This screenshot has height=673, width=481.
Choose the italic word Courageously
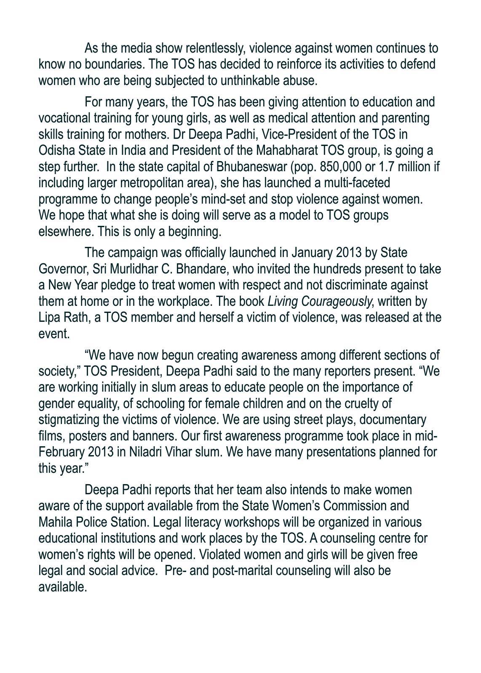pyautogui.click(x=337, y=302)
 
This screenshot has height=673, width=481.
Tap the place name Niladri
pyautogui.click(x=147, y=452)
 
